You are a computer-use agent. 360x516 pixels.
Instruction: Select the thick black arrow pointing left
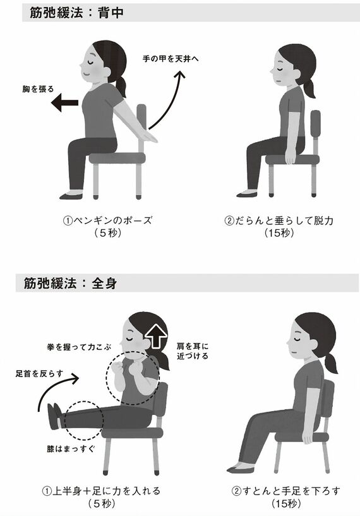tap(65, 104)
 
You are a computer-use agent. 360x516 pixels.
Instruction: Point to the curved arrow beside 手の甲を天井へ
tap(174, 101)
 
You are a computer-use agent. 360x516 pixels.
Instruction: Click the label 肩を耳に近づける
tap(193, 351)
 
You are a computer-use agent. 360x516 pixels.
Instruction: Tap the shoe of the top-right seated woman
tap(246, 194)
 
